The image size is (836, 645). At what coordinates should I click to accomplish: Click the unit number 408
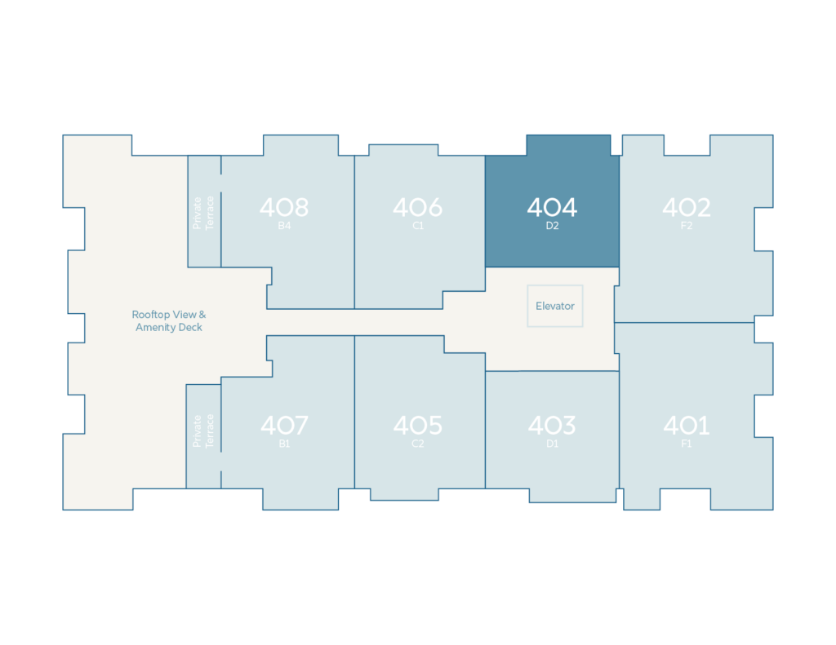point(284,208)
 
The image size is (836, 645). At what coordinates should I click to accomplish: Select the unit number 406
point(417,208)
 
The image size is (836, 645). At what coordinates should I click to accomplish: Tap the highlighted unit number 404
point(552,208)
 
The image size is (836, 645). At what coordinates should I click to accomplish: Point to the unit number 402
point(686,208)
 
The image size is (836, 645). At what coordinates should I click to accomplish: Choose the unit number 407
point(284,426)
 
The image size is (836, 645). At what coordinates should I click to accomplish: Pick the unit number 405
point(417,426)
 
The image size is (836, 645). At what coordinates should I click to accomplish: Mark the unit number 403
point(552,426)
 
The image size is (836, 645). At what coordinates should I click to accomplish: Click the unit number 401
point(686,426)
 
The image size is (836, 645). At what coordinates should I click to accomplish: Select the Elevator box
point(555,306)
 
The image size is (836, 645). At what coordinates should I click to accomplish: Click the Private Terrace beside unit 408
point(203,212)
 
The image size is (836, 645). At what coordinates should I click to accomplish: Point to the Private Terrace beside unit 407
point(203,431)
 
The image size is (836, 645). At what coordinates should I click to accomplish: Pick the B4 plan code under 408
point(284,226)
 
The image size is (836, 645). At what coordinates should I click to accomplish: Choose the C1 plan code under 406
point(418,226)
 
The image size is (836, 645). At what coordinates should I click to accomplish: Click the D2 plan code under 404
point(552,226)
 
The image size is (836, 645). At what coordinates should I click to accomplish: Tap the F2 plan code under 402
point(686,226)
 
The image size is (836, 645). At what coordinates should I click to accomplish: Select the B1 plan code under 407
point(284,444)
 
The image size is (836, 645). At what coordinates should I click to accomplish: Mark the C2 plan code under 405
point(418,444)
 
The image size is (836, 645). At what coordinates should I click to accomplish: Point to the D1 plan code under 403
point(552,444)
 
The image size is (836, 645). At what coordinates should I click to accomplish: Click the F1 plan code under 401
point(686,444)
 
